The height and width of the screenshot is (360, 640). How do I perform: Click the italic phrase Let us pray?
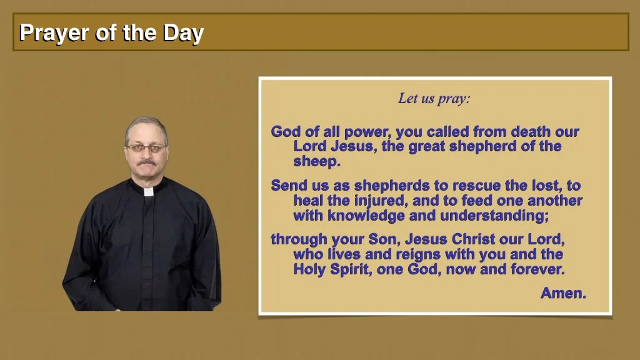point(434,99)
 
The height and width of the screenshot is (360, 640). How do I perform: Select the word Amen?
point(563,293)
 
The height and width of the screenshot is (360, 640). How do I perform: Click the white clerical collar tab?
point(149,191)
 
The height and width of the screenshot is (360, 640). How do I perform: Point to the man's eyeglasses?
point(146,147)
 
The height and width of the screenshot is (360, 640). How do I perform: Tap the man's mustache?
point(146,162)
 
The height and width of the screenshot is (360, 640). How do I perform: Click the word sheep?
point(317,162)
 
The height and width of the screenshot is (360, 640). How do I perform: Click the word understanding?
point(495,216)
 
